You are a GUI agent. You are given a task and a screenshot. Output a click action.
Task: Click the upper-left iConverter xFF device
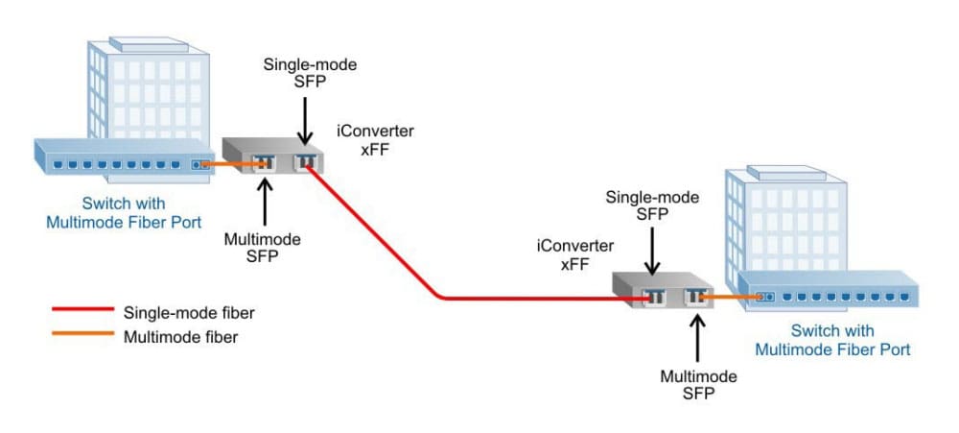point(273,157)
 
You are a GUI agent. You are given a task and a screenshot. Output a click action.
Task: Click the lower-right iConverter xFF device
point(666,293)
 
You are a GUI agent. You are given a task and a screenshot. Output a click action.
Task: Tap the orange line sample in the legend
point(81,336)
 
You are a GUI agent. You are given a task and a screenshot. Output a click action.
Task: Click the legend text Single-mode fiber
point(181,312)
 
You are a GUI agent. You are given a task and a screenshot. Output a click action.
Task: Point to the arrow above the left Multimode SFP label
point(264,203)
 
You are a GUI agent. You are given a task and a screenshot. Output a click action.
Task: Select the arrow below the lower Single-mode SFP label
point(652,253)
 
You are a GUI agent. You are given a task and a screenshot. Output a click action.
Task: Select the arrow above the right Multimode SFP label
point(697,337)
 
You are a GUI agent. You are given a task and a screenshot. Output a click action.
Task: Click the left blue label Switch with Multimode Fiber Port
point(124,213)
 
